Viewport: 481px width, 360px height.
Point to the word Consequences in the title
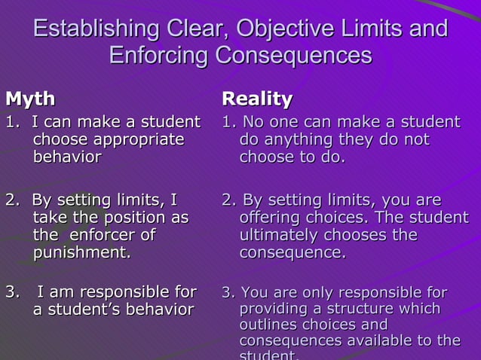(x=294, y=56)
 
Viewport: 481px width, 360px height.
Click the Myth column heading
(x=30, y=99)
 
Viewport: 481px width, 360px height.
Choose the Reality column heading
(x=256, y=99)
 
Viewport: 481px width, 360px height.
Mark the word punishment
(x=81, y=253)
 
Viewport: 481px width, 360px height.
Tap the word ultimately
(x=278, y=235)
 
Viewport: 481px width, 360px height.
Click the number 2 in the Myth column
(x=11, y=200)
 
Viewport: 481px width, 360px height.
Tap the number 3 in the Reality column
(x=226, y=292)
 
